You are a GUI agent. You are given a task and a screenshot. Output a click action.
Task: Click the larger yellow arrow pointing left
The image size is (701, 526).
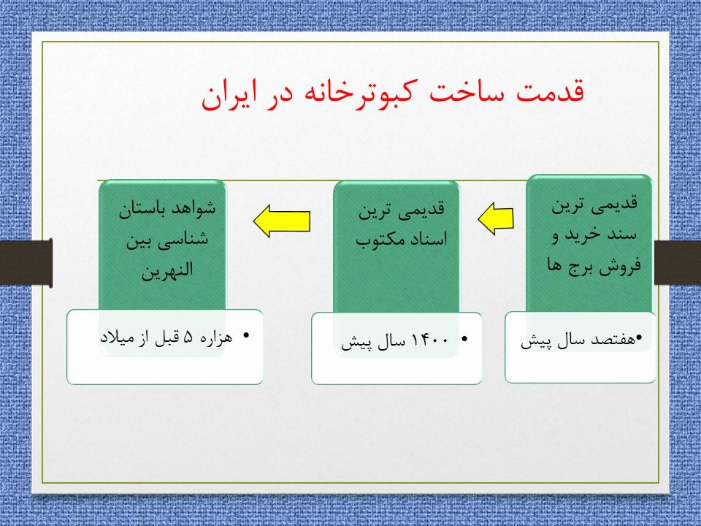click(x=282, y=221)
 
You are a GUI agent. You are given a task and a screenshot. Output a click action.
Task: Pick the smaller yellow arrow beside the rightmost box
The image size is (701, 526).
click(x=496, y=218)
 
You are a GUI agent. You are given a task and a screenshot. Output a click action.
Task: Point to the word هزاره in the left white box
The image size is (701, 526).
click(x=216, y=337)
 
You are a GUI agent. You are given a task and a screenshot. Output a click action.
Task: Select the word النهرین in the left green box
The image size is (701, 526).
click(x=166, y=270)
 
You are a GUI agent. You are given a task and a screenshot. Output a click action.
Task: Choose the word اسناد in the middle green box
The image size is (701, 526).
click(x=429, y=239)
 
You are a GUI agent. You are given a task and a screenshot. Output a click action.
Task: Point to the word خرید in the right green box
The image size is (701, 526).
click(x=582, y=235)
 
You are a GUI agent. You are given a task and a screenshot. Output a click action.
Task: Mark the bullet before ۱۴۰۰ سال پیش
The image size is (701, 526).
click(x=464, y=339)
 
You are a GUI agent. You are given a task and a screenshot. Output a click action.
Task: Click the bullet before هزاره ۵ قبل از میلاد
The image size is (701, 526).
click(x=246, y=335)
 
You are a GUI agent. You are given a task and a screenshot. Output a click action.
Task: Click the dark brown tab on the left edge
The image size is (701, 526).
click(x=26, y=262)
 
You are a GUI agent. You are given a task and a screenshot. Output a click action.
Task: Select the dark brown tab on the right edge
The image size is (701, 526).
click(x=678, y=262)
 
